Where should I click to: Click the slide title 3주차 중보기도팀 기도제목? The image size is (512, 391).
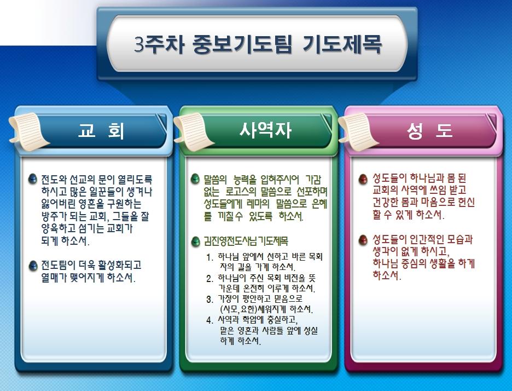click(258, 44)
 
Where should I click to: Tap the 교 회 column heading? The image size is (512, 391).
click(101, 130)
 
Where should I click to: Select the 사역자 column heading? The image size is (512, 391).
click(265, 130)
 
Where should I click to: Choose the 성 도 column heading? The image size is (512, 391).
click(429, 130)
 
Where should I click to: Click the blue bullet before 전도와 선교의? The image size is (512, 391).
click(33, 179)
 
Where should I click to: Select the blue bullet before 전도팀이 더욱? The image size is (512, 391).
click(33, 266)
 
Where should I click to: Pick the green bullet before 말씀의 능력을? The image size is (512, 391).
click(195, 179)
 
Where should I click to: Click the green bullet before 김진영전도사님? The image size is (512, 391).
click(195, 242)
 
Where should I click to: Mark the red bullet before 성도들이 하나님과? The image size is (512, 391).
click(363, 179)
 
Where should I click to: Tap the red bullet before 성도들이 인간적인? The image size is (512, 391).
click(363, 240)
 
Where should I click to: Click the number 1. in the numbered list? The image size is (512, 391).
click(210, 257)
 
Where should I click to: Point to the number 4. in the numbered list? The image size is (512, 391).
click(210, 320)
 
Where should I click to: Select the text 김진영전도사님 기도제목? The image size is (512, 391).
click(246, 242)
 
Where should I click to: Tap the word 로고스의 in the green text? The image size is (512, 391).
click(241, 191)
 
